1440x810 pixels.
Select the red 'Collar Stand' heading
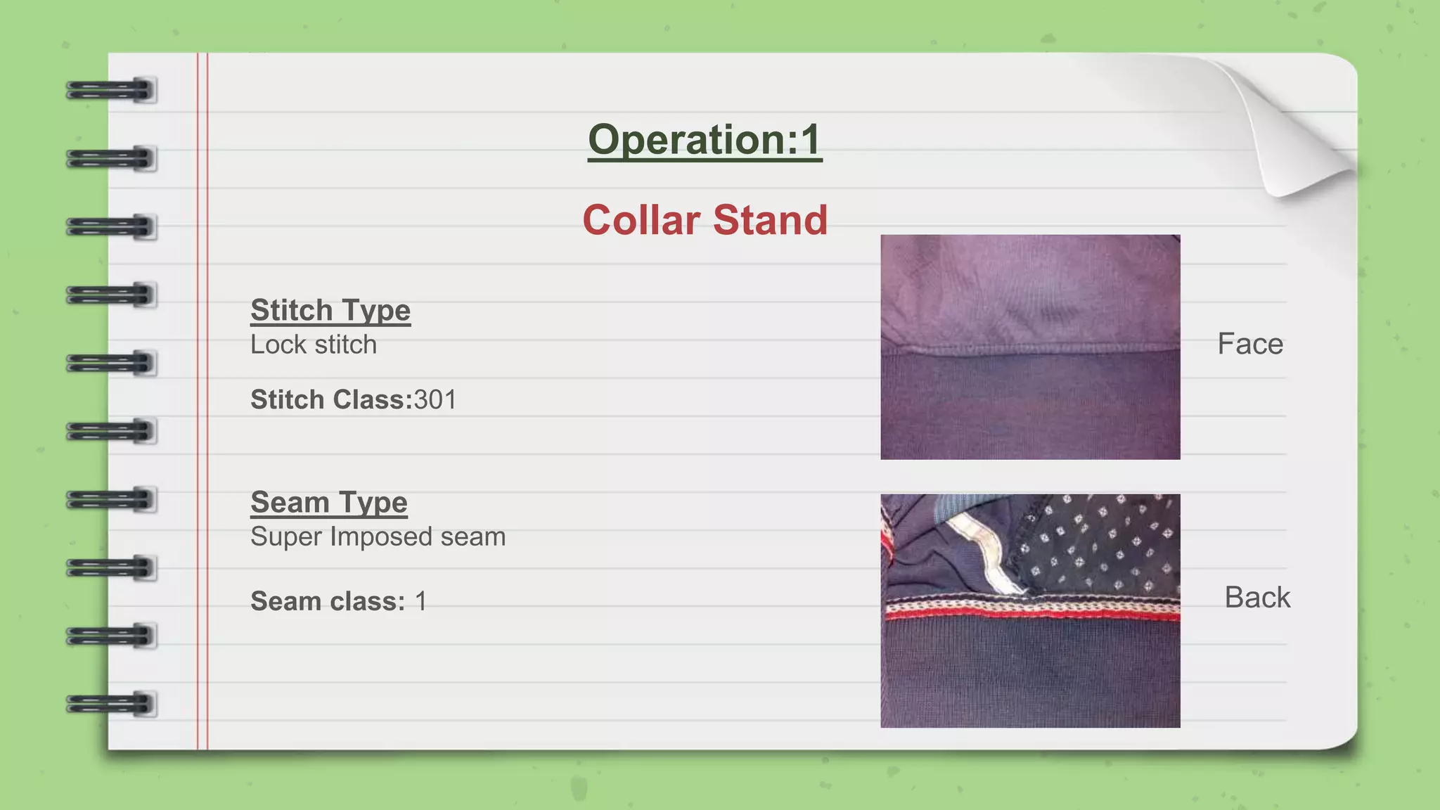(x=705, y=220)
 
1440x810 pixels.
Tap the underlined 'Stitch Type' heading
(x=330, y=310)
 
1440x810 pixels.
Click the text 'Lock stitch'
(x=314, y=345)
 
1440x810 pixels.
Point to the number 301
(x=435, y=399)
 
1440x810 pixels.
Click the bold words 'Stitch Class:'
(x=331, y=399)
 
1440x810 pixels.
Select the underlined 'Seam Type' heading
(x=329, y=502)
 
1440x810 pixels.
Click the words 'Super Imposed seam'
(x=378, y=536)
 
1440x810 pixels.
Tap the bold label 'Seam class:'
(x=328, y=601)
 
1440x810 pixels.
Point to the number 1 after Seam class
(x=420, y=601)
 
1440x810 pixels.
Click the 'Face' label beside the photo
(x=1250, y=344)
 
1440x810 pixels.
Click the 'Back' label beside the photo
(x=1257, y=597)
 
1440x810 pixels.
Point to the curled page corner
(x=1301, y=134)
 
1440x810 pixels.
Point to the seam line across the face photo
(x=1030, y=350)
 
